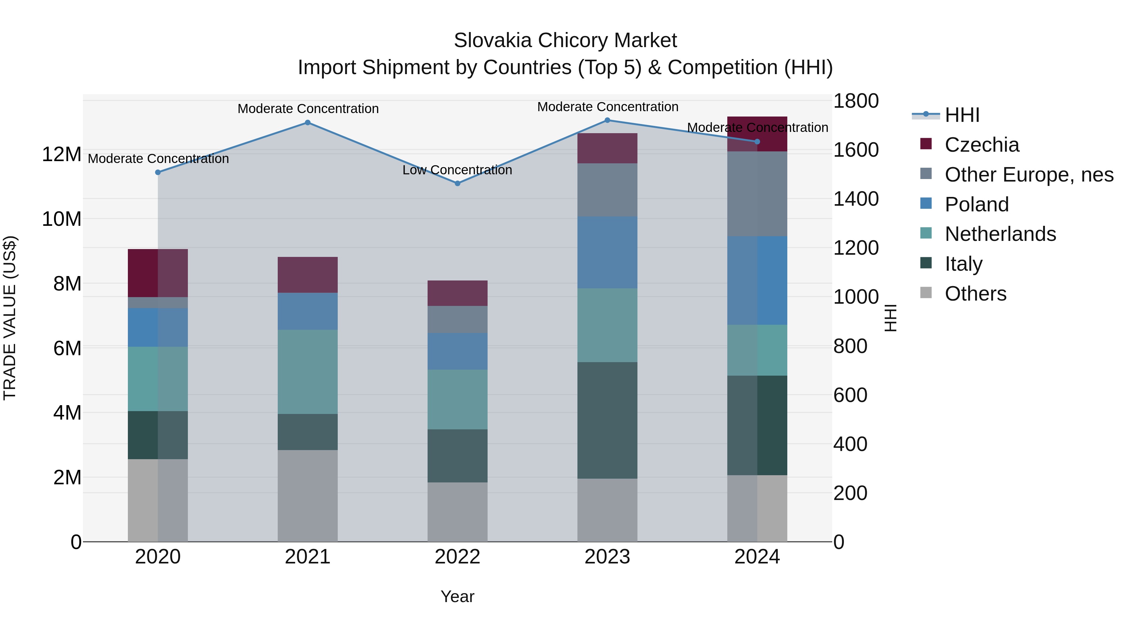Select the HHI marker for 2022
(457, 183)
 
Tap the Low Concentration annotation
(457, 170)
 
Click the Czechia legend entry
(982, 145)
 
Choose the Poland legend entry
(976, 204)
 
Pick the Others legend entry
(975, 294)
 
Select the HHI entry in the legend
(962, 115)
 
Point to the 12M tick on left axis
(62, 155)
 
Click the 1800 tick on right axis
(856, 101)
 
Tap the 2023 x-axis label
(607, 557)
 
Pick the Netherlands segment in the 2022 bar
(457, 400)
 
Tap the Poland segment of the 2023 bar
(607, 253)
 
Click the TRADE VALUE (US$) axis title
(10, 318)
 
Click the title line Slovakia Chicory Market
(565, 41)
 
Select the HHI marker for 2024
(757, 142)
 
